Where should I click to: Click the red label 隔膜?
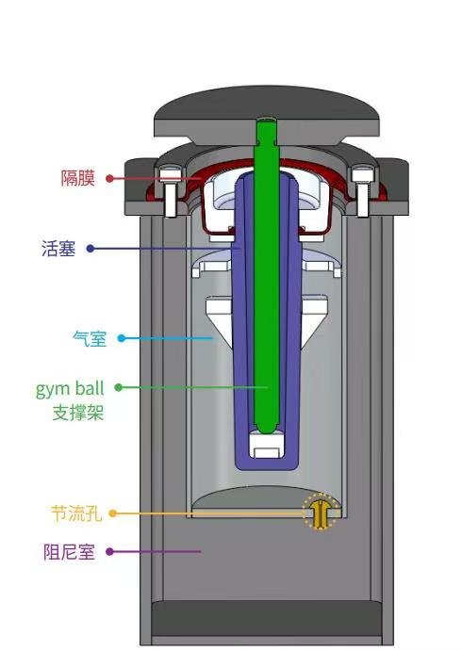(78, 178)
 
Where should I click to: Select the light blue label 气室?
(90, 338)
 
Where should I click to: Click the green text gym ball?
(70, 388)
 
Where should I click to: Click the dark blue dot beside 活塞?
(90, 249)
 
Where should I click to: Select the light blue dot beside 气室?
(121, 338)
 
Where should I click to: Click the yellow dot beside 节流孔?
(112, 513)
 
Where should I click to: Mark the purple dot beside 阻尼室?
(108, 552)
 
